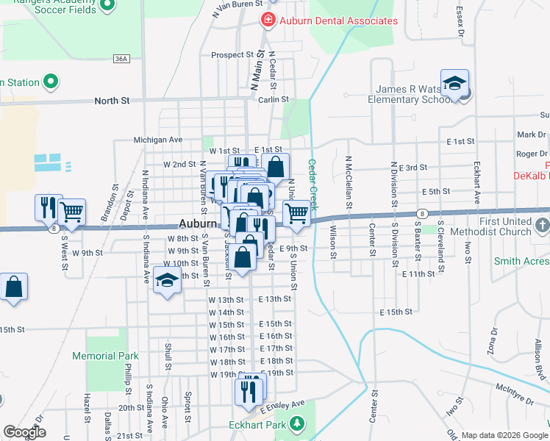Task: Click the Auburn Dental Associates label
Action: click(337, 21)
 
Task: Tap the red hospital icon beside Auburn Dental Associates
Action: click(268, 19)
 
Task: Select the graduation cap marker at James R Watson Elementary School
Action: click(455, 82)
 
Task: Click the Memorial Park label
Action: click(105, 356)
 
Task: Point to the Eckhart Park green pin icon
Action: click(297, 424)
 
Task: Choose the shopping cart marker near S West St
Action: click(72, 212)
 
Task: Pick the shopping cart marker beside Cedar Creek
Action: click(296, 213)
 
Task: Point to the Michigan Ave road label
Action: click(157, 140)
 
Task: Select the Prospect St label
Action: click(232, 54)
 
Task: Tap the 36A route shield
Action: click(122, 58)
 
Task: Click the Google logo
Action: click(25, 432)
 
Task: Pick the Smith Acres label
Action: click(517, 261)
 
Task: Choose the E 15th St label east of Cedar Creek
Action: click(396, 312)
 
